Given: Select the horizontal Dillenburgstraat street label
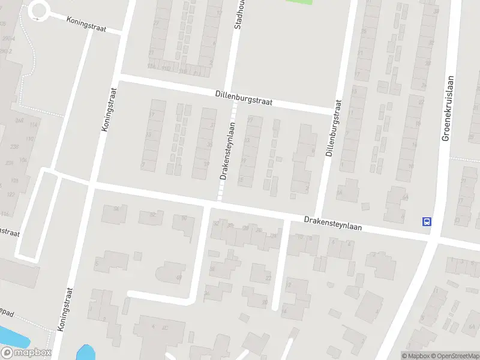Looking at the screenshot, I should (x=244, y=98).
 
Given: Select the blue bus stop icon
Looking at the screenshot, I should (x=427, y=221).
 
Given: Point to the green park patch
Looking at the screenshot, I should (x=299, y=2).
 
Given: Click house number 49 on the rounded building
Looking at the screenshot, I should (x=179, y=277).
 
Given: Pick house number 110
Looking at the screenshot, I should (x=30, y=139).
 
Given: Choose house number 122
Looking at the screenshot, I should (x=11, y=194).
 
